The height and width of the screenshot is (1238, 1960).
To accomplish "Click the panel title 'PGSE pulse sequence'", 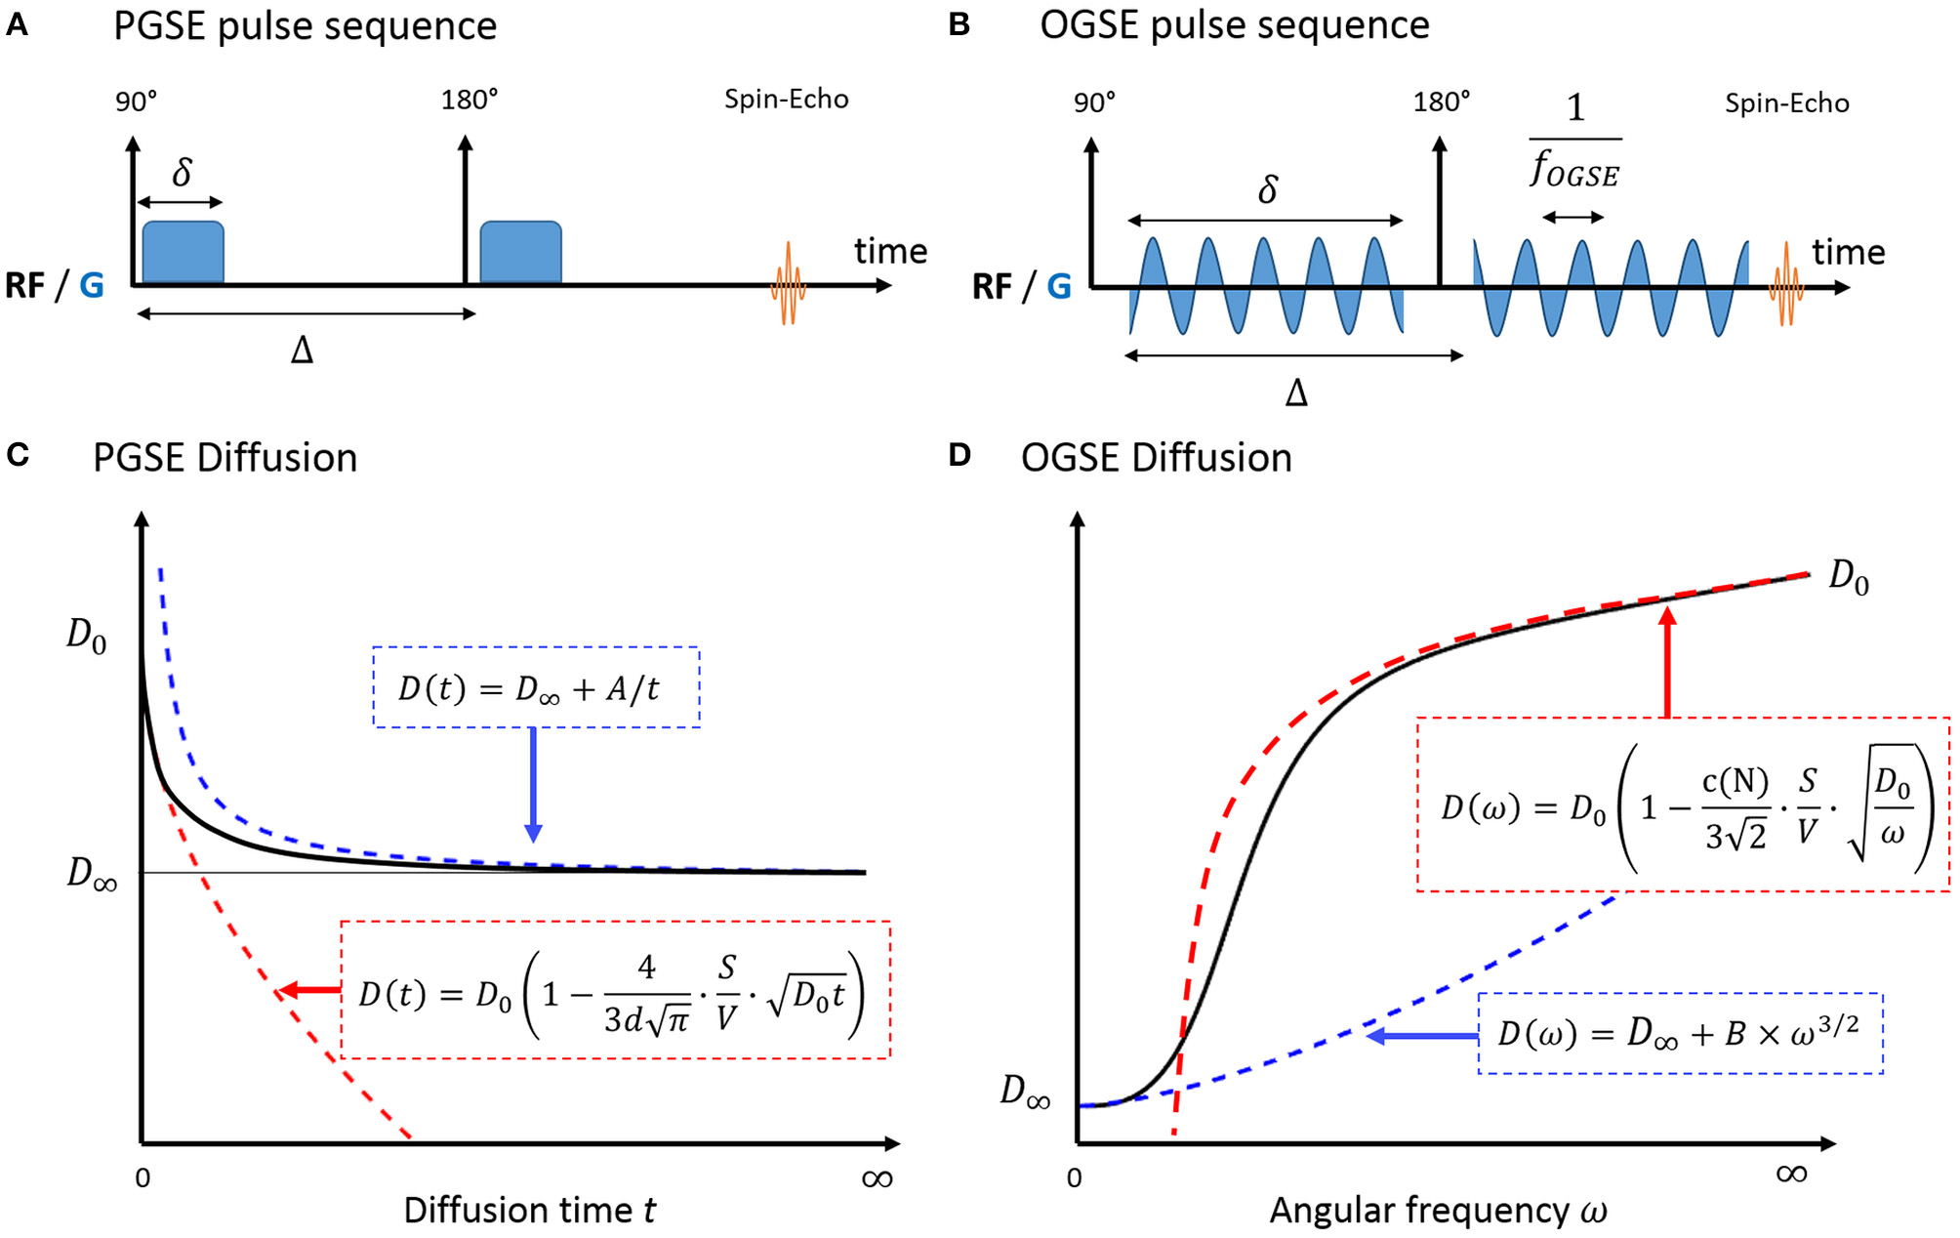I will coord(305,26).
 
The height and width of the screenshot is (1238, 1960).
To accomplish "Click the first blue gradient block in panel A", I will coord(183,253).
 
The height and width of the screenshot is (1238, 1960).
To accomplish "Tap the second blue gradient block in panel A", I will coord(520,253).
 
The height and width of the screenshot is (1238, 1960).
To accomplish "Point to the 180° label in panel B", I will coord(1441,102).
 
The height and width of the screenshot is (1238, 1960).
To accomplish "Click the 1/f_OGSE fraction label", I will coord(1574,143).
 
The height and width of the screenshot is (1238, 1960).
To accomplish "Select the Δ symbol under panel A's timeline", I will coord(302,350).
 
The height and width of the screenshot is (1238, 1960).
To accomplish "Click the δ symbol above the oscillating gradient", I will coord(1267,189).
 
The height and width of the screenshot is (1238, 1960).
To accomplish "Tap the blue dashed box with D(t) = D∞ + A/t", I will coord(536,687).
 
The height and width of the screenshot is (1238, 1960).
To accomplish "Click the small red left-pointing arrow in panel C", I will coord(307,991).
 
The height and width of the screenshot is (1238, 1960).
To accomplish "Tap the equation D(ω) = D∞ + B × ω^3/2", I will coord(1679,1034).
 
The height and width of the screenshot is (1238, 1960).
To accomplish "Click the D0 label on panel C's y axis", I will coord(86,636).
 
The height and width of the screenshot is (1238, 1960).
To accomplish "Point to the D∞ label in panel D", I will coord(1025,1091).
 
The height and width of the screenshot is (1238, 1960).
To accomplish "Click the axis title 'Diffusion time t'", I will coord(529,1211).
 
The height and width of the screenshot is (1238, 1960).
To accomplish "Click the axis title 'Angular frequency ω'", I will coord(1438,1211).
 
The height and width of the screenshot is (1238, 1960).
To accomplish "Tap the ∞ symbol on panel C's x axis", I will coord(877,1179).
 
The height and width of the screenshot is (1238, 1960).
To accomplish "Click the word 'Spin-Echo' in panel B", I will coord(1786,103).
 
